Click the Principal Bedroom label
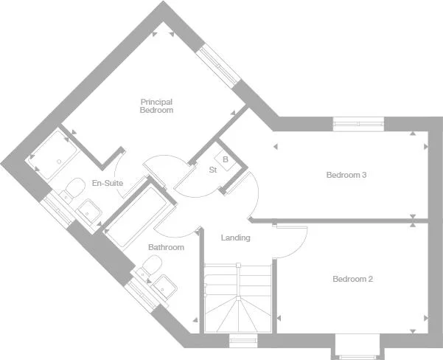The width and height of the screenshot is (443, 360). click(x=156, y=105)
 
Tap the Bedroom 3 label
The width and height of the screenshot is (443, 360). click(x=346, y=175)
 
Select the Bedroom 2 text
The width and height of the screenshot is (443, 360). click(x=352, y=279)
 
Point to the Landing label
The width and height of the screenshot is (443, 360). click(x=236, y=238)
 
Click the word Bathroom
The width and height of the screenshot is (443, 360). click(x=166, y=247)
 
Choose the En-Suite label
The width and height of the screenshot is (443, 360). click(x=107, y=183)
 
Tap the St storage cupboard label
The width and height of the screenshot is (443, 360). click(x=212, y=170)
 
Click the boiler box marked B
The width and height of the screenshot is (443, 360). click(x=225, y=158)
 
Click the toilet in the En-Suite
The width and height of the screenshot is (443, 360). click(x=72, y=190)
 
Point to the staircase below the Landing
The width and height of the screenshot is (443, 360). click(x=237, y=299)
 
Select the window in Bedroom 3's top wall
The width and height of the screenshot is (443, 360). click(x=358, y=123)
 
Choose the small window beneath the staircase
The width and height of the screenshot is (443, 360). click(x=241, y=340)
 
